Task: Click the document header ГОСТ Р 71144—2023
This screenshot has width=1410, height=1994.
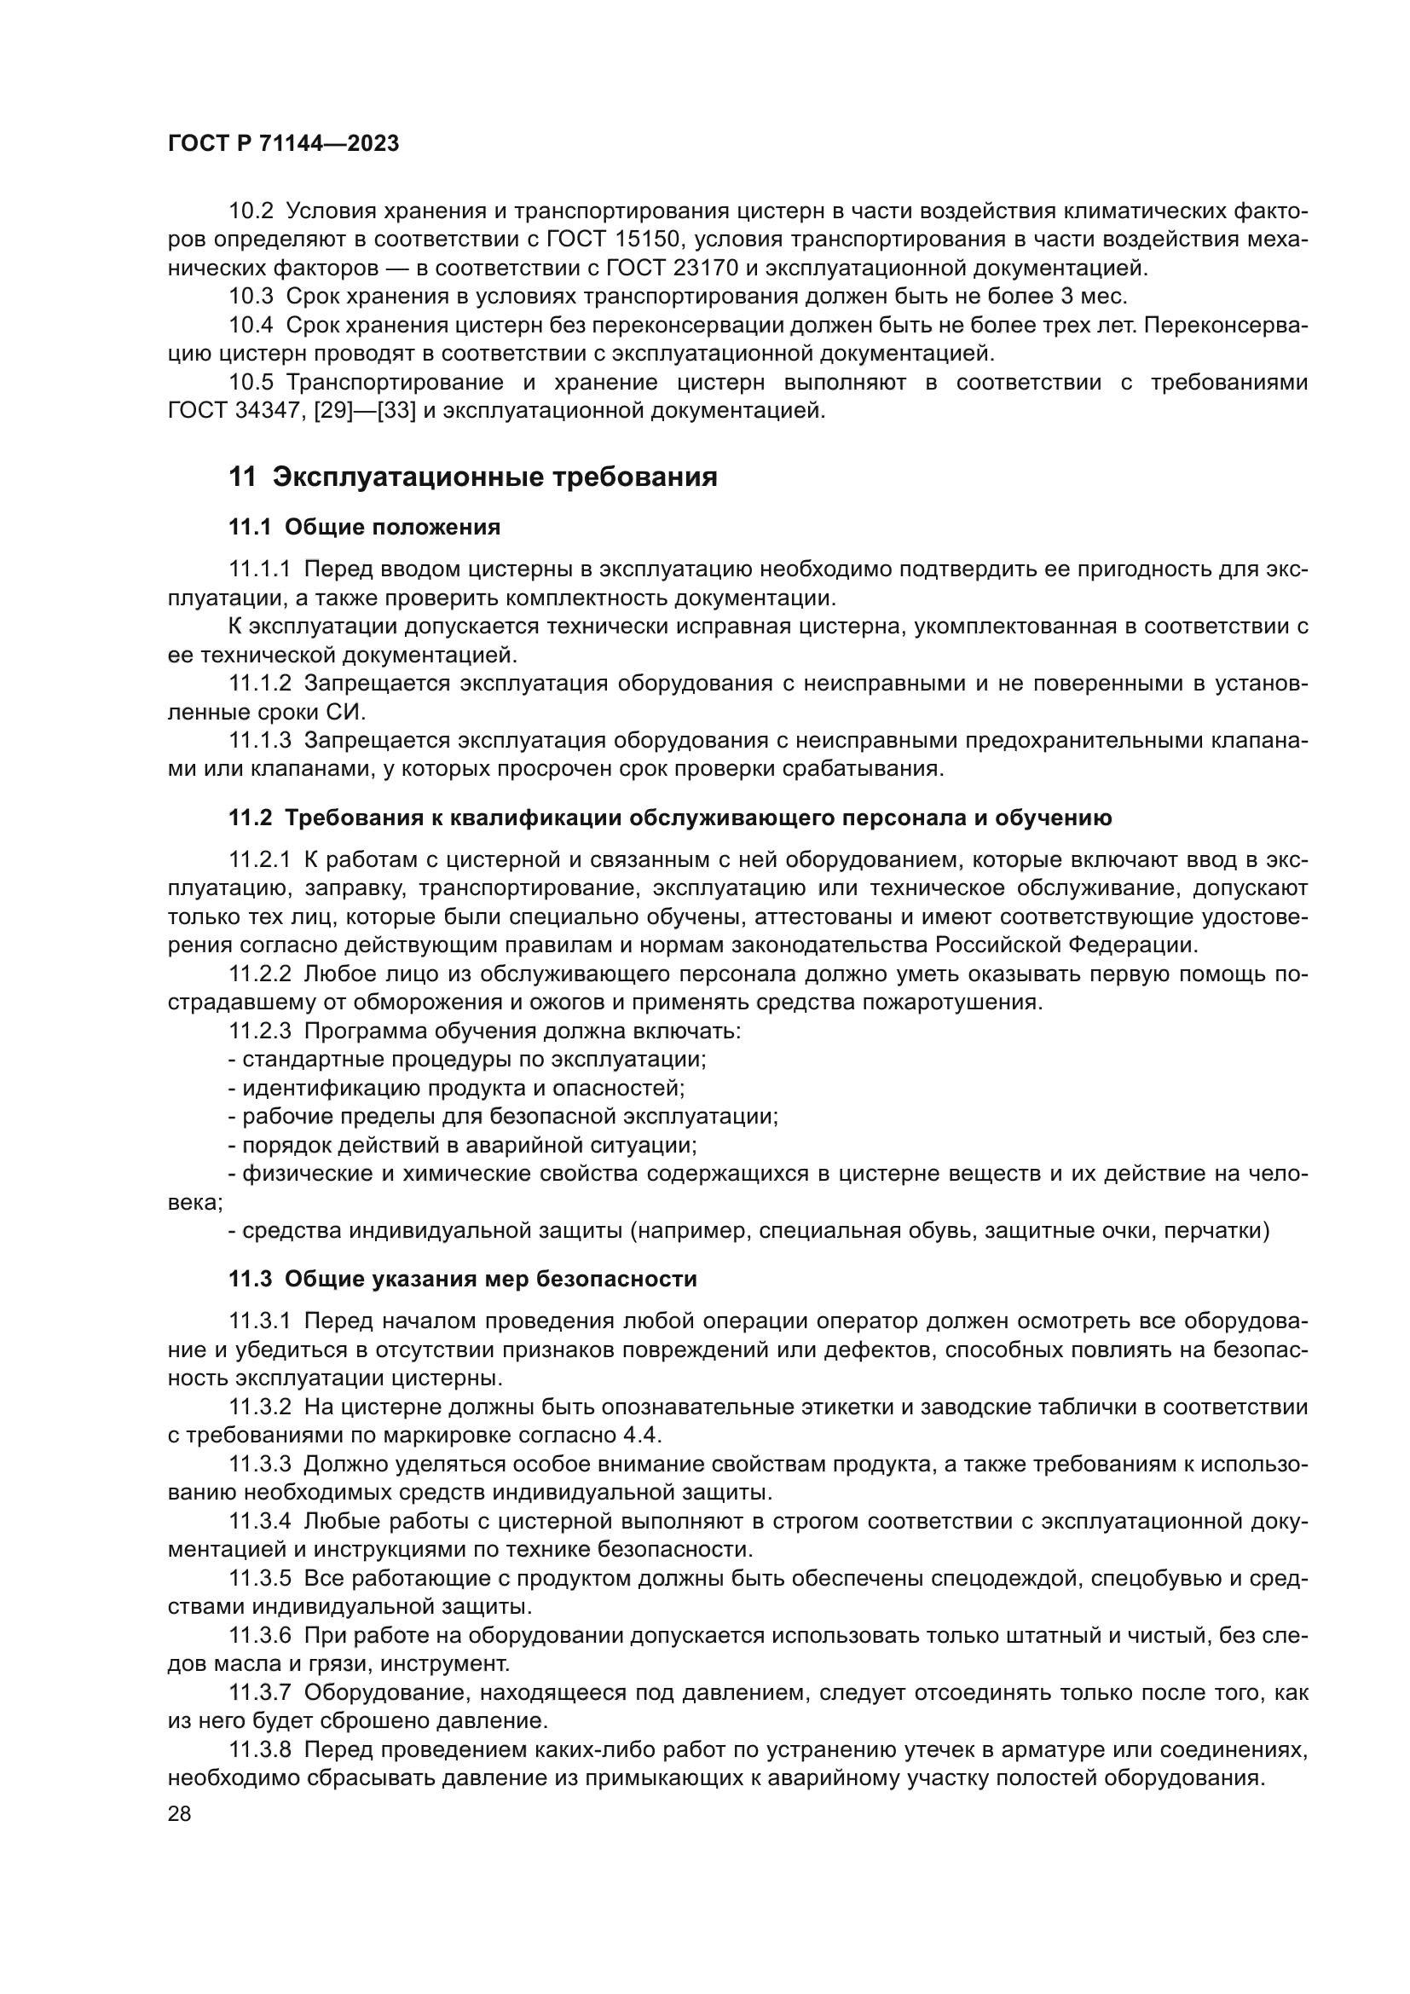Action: click(283, 144)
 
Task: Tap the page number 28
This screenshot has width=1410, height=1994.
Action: click(179, 1813)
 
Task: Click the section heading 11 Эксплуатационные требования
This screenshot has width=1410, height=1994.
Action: click(472, 477)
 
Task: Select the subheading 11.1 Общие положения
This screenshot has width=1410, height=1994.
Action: click(364, 527)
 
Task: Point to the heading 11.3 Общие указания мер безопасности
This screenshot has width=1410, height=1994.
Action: click(462, 1280)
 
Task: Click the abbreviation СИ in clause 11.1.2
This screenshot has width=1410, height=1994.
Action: click(345, 712)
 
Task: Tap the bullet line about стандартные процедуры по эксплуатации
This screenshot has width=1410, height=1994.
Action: click(467, 1060)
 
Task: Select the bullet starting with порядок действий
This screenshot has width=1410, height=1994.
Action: click(462, 1146)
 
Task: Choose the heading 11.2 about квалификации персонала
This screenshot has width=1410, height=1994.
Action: click(669, 818)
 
